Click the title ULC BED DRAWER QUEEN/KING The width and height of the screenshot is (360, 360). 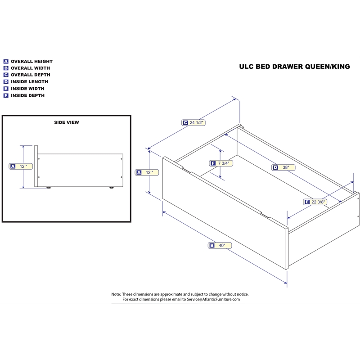click(294, 67)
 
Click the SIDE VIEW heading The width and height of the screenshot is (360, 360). click(67, 122)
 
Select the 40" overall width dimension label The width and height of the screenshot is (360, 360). click(220, 245)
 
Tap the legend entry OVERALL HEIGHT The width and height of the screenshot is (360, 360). click(31, 61)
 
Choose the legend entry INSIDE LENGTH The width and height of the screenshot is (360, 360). click(29, 82)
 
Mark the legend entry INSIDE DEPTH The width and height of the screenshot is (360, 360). click(27, 95)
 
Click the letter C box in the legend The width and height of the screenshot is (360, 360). click(6, 75)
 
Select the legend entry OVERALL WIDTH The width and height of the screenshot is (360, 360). click(31, 68)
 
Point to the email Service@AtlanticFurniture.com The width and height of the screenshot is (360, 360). click(213, 299)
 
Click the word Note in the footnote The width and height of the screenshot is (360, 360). click(116, 294)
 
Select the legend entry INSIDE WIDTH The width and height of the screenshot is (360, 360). click(28, 89)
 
